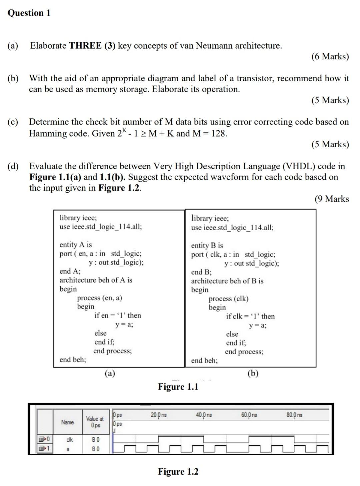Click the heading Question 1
click(29, 13)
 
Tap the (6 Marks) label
click(330, 56)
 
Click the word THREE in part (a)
click(85, 46)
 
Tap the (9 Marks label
click(332, 199)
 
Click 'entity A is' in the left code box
click(76, 245)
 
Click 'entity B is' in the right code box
click(207, 246)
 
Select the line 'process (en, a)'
click(99, 298)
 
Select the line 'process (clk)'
click(228, 299)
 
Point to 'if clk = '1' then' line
click(250, 316)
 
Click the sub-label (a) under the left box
click(110, 373)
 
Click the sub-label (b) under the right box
click(253, 373)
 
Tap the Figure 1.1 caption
click(178, 387)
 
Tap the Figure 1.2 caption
click(178, 472)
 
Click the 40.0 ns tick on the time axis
click(204, 415)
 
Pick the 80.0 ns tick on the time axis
click(294, 415)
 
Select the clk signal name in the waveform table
click(70, 440)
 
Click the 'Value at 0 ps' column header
click(95, 422)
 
